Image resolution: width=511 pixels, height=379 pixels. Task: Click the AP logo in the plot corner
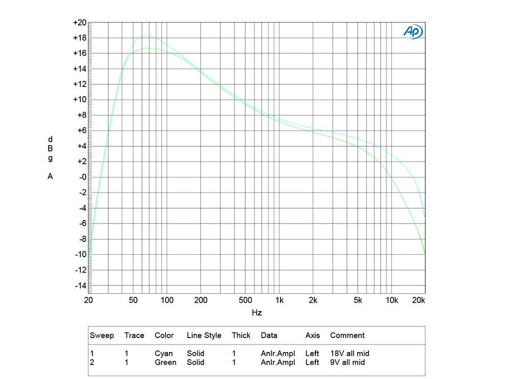[413, 31]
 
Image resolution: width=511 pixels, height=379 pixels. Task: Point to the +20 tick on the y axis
[80, 23]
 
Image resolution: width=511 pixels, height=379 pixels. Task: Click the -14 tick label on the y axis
[80, 285]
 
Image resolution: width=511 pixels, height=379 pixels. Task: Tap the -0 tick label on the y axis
[81, 177]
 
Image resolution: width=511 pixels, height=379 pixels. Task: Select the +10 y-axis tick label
[80, 100]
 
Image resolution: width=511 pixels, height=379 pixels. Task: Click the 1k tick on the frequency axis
[280, 300]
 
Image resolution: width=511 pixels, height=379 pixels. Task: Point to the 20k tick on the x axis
[419, 300]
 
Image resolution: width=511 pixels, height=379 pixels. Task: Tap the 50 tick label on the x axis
[133, 300]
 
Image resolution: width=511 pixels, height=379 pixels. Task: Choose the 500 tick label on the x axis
[245, 300]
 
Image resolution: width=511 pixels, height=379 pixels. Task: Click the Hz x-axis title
[257, 313]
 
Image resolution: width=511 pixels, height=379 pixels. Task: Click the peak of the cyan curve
[146, 36]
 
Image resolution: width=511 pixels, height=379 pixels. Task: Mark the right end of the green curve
[425, 254]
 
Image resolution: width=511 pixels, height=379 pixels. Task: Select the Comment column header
[347, 336]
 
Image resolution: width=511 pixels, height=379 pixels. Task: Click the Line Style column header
[204, 336]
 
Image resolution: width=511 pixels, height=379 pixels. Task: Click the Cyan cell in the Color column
[164, 353]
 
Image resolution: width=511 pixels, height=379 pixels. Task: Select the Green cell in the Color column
[166, 362]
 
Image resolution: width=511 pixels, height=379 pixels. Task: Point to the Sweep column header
[102, 336]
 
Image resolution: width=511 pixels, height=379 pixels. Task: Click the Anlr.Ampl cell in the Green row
[277, 362]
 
